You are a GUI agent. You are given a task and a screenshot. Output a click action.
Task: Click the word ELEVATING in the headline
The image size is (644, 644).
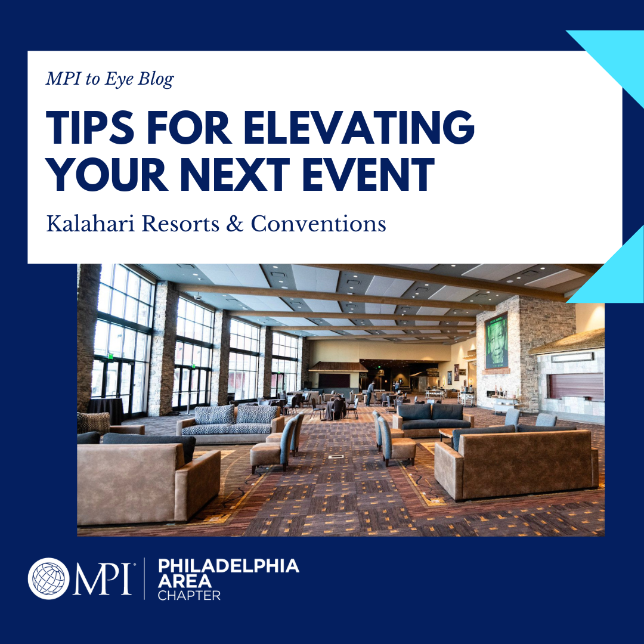(x=360, y=127)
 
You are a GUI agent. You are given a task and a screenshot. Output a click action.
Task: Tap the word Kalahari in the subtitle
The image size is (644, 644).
(x=91, y=224)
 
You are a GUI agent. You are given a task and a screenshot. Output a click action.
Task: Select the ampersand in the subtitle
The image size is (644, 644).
(x=234, y=224)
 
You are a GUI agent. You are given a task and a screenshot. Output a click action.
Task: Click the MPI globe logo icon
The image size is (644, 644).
(x=48, y=578)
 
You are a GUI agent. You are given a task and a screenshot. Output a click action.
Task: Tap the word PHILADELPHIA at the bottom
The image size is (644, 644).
(x=228, y=565)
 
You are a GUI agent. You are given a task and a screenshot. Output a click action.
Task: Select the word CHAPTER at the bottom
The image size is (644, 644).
(x=190, y=596)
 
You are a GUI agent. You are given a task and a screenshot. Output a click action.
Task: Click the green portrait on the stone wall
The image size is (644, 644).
(x=496, y=341)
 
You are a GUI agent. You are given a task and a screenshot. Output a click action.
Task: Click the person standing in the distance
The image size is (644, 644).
(x=370, y=392)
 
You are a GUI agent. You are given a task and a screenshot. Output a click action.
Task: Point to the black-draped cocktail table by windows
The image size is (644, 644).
(x=106, y=411)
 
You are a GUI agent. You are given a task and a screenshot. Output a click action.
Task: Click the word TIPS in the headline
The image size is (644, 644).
(x=90, y=127)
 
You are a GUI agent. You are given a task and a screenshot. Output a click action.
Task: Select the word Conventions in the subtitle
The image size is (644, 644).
(x=318, y=224)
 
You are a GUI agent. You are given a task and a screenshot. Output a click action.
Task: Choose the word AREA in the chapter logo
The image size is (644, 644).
(x=185, y=581)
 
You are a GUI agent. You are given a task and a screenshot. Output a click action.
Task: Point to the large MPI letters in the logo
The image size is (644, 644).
(x=103, y=578)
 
